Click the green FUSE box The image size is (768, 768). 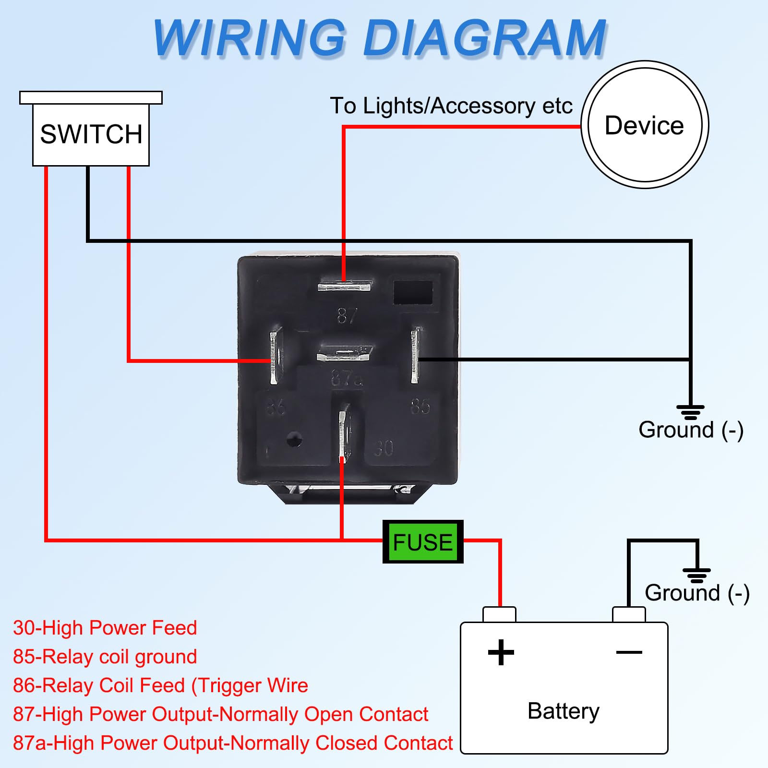click(422, 542)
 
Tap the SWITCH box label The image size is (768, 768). click(91, 134)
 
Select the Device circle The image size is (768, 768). click(644, 125)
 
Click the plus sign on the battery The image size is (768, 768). click(501, 652)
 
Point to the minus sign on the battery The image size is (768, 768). click(629, 652)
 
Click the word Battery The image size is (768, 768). click(563, 711)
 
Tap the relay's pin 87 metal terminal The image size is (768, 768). click(344, 287)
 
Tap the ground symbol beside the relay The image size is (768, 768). click(690, 412)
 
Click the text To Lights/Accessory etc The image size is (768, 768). click(451, 106)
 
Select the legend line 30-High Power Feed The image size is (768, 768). click(105, 628)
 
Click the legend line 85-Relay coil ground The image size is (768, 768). click(105, 657)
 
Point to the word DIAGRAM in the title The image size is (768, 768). click(485, 38)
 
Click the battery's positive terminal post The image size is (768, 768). click(499, 614)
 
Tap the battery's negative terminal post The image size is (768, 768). click(629, 614)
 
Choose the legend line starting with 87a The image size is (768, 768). click(232, 743)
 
